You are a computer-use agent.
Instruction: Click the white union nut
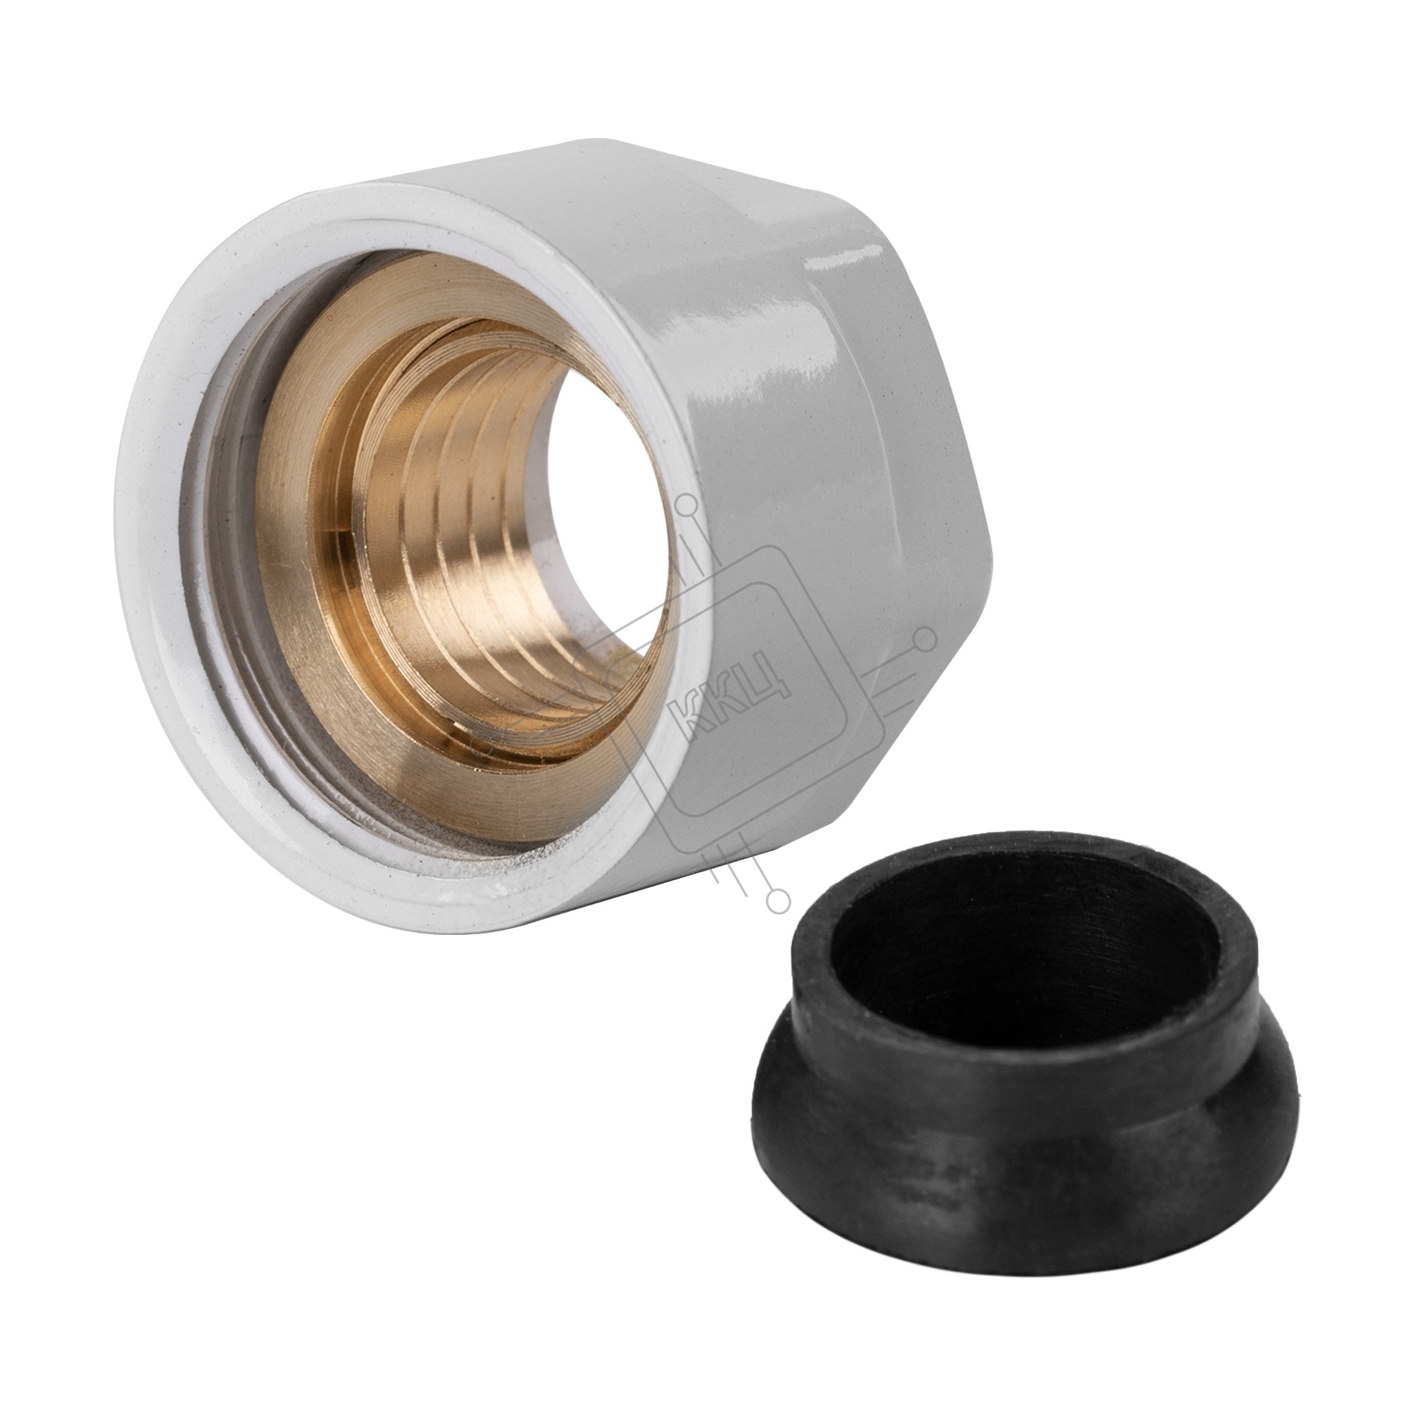[x=765, y=510]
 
